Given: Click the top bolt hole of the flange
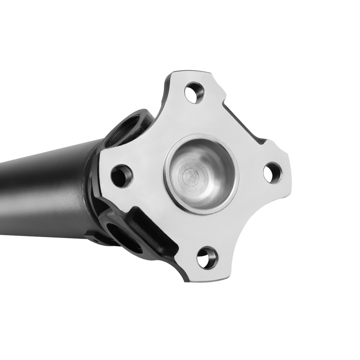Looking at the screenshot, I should pos(194,93).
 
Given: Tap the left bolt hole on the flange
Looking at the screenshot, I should pos(122,175).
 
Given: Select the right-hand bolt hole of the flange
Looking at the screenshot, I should pos(272,173).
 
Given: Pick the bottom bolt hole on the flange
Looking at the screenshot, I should pos(207,258).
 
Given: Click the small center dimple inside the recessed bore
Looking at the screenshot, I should pos(189,176).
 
